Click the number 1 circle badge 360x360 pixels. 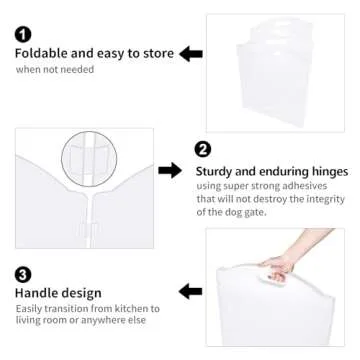(22, 34)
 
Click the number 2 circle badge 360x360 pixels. (203, 150)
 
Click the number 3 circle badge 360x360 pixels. (22, 273)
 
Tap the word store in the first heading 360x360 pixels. (157, 53)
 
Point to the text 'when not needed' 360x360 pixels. (55, 70)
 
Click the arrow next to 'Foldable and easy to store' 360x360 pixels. (191, 53)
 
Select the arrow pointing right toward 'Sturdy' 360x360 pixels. (170, 171)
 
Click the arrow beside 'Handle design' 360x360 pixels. (190, 292)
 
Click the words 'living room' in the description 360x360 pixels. (44, 322)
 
